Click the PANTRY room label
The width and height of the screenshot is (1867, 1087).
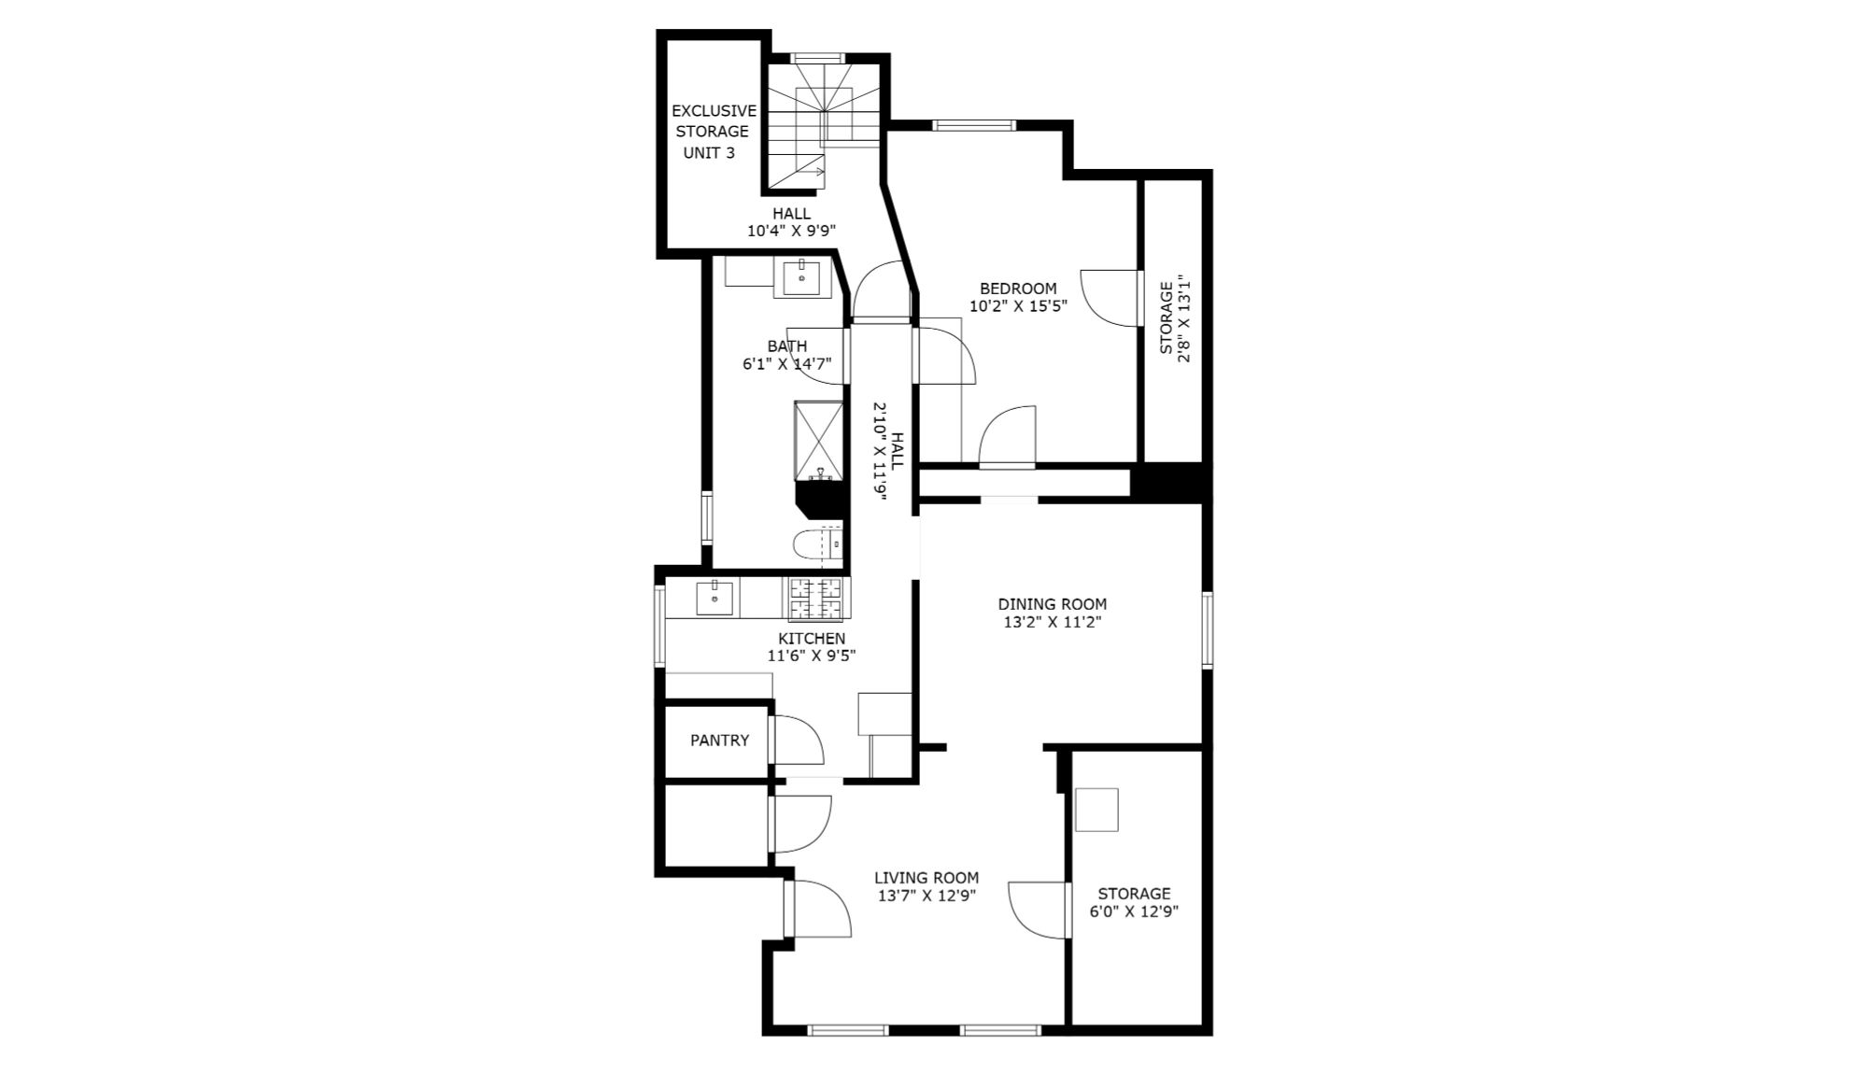click(x=719, y=741)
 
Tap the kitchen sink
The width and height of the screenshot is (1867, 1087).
click(x=715, y=598)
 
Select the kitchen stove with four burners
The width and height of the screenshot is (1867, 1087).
click(x=817, y=599)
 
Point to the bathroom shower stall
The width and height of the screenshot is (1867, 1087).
click(x=818, y=441)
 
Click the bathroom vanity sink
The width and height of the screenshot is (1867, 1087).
click(x=801, y=277)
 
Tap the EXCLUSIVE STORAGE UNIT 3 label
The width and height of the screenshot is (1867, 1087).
click(x=714, y=132)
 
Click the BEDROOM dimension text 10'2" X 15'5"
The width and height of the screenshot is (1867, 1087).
click(x=1018, y=305)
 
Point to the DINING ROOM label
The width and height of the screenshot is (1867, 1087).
click(x=1052, y=604)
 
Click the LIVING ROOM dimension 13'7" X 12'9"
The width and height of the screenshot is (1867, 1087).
click(x=926, y=896)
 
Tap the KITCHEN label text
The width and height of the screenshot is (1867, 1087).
click(x=812, y=639)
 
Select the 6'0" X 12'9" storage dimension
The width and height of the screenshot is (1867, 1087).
click(x=1134, y=911)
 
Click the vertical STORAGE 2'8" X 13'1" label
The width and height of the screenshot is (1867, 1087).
click(x=1175, y=318)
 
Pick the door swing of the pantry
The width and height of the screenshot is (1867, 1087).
click(x=797, y=740)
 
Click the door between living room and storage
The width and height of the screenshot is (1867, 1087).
click(x=1038, y=910)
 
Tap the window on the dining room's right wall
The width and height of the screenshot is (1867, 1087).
click(x=1207, y=629)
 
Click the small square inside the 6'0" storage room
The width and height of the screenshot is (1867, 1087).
click(x=1096, y=810)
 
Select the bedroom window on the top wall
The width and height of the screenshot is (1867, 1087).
click(x=974, y=125)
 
